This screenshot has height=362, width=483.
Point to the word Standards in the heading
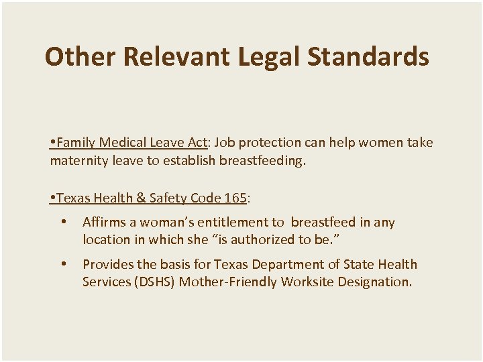click(368, 57)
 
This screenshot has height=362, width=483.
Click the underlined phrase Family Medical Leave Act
click(131, 143)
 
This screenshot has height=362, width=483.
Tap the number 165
click(235, 198)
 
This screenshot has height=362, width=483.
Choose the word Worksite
click(308, 282)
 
